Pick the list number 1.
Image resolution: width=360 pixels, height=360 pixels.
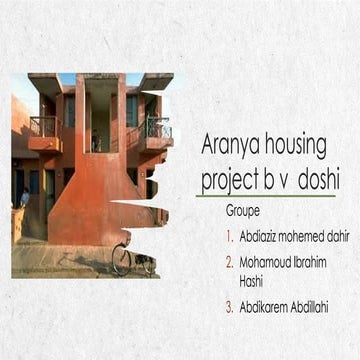click(229, 237)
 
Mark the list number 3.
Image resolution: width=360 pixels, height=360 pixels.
click(229, 307)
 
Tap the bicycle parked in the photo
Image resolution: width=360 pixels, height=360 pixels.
click(134, 259)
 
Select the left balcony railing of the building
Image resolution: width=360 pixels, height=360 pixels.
click(44, 126)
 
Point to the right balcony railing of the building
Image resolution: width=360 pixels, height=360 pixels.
click(158, 129)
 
